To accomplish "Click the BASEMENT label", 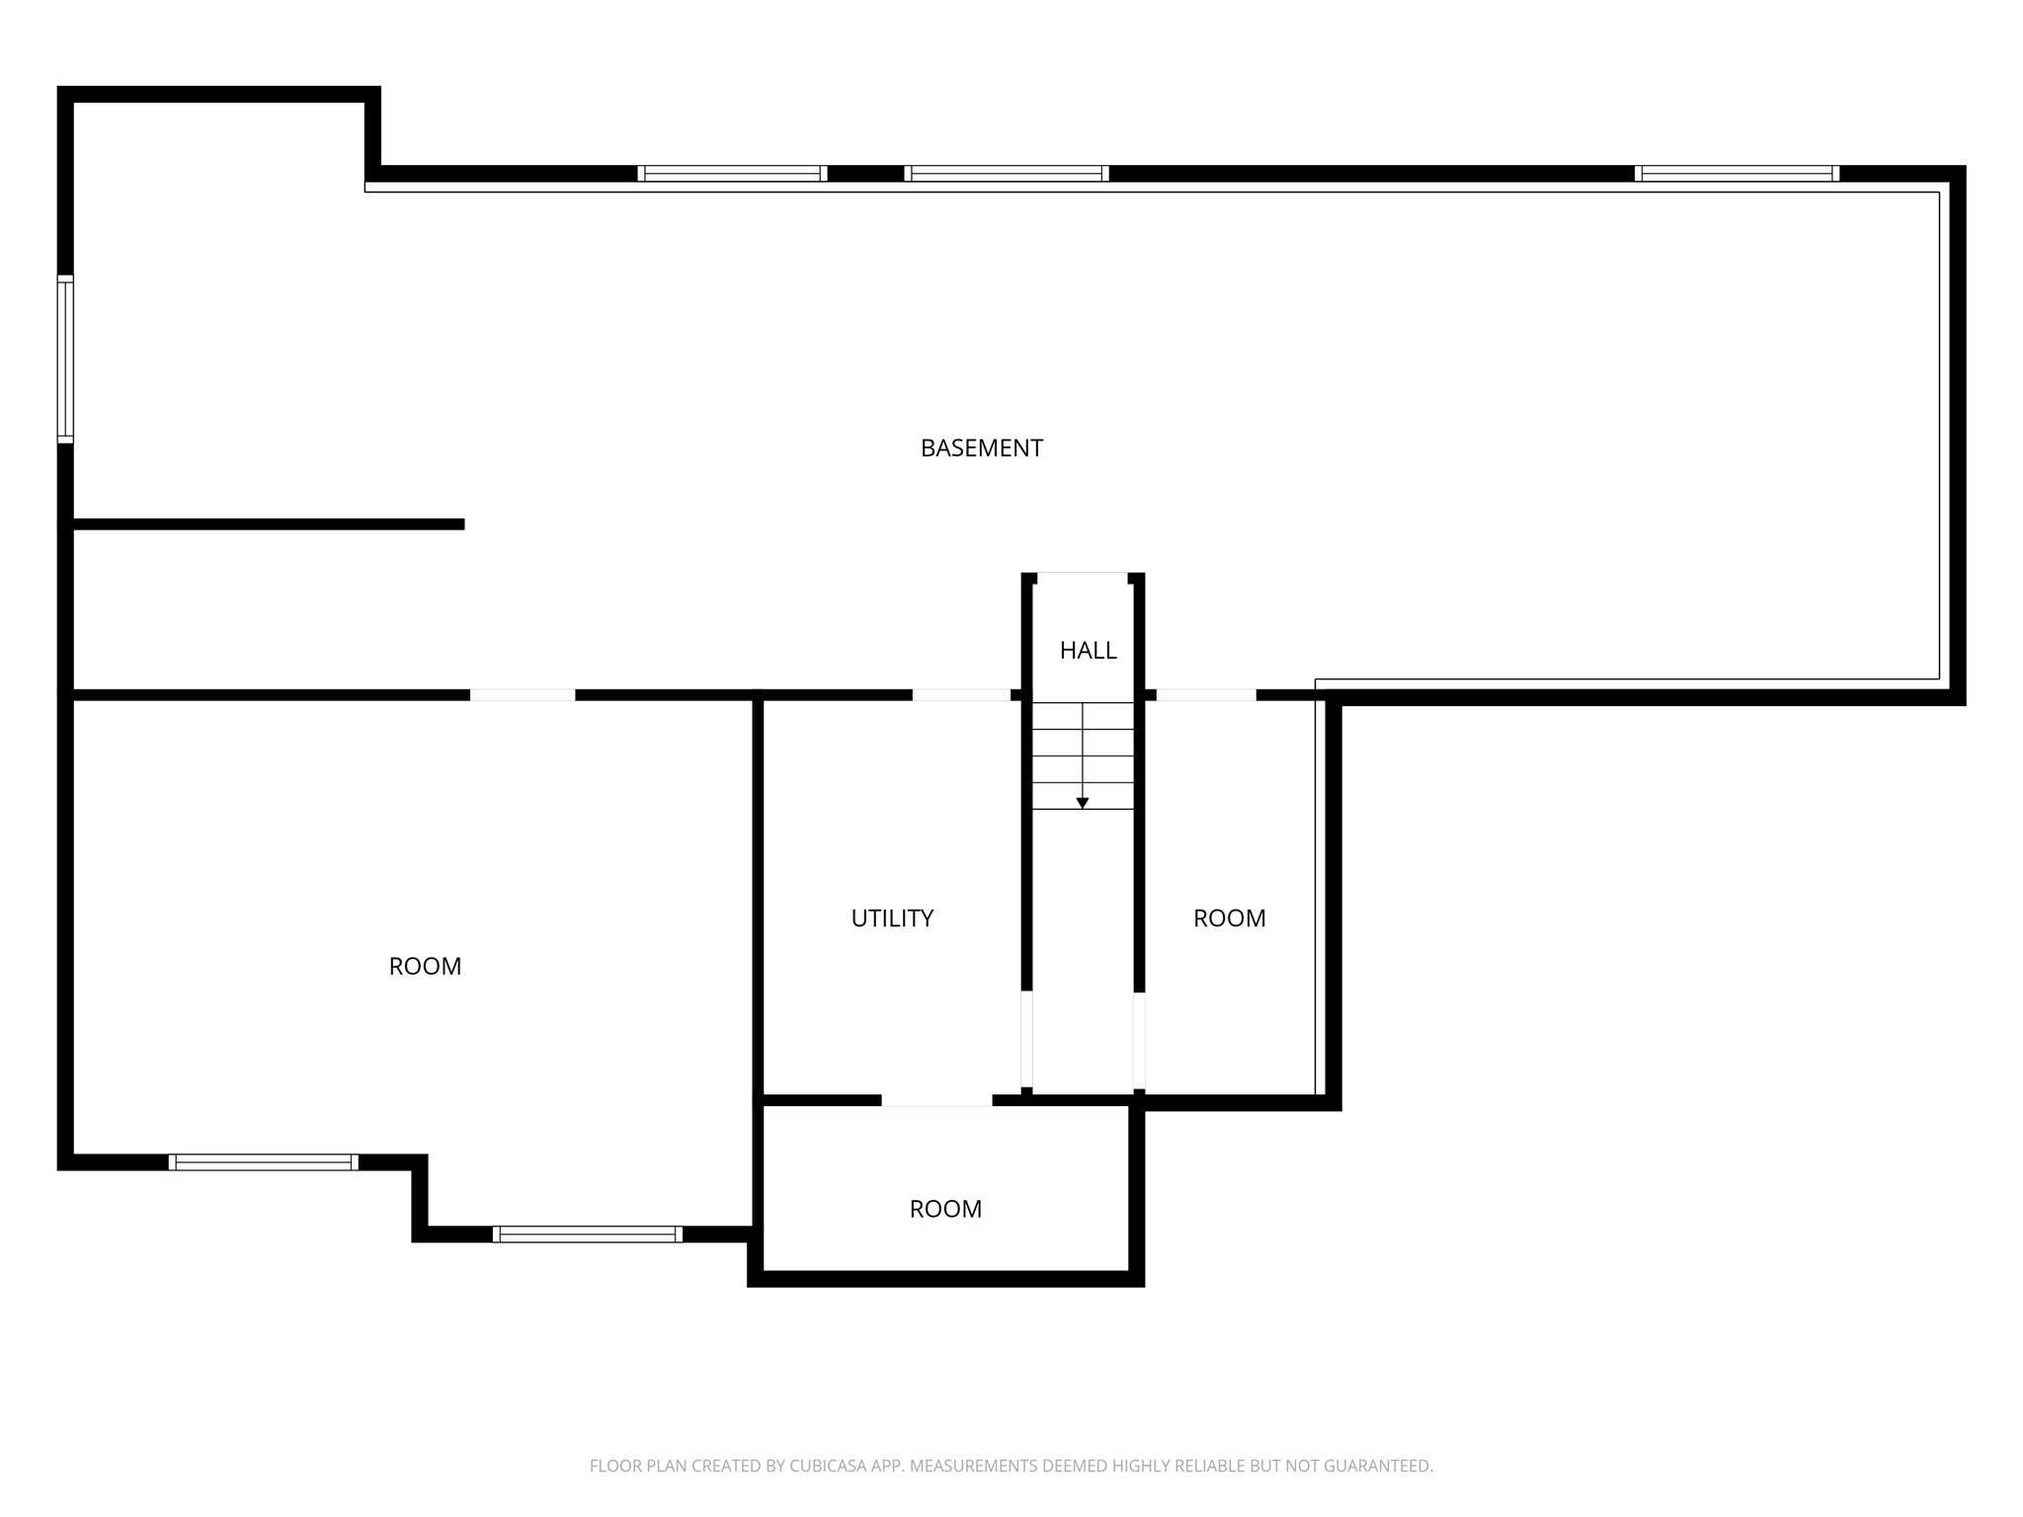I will click(x=981, y=448).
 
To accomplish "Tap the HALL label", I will click(x=1088, y=651).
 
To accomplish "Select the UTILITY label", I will click(x=892, y=918).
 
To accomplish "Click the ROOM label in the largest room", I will click(x=425, y=967).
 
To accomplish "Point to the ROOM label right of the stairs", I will click(x=1229, y=918).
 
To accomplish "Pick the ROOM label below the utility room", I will click(x=945, y=1209).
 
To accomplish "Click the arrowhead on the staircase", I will click(x=1083, y=803).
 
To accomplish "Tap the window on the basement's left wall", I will click(x=65, y=359).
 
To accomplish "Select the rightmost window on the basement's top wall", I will click(x=1737, y=174).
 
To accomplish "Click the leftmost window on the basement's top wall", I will click(x=732, y=174).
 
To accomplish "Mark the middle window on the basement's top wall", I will click(x=1006, y=174).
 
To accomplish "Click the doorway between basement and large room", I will click(x=522, y=695).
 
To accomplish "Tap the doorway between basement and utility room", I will click(x=960, y=695).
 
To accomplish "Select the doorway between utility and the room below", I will click(x=936, y=1100).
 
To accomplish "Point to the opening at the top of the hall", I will click(x=1083, y=575).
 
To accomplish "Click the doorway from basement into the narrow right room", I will click(x=1205, y=695).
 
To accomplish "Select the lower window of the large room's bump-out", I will click(x=587, y=1234).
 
